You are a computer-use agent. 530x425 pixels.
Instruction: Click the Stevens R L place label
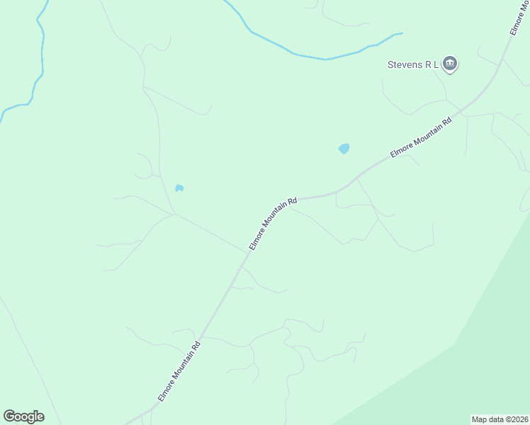point(413,64)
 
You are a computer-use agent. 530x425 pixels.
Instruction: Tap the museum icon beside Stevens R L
point(450,65)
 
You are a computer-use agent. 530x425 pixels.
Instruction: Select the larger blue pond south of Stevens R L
point(344,149)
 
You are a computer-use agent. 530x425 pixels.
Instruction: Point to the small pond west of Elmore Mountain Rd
point(179,188)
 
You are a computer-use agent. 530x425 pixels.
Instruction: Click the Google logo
point(23,416)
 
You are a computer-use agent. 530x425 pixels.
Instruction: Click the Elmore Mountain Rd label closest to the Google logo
point(179,372)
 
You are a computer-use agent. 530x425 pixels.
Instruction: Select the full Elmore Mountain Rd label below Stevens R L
point(421,138)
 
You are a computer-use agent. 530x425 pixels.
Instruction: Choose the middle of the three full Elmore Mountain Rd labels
point(273,224)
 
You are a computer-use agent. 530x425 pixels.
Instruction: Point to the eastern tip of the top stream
point(401,33)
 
